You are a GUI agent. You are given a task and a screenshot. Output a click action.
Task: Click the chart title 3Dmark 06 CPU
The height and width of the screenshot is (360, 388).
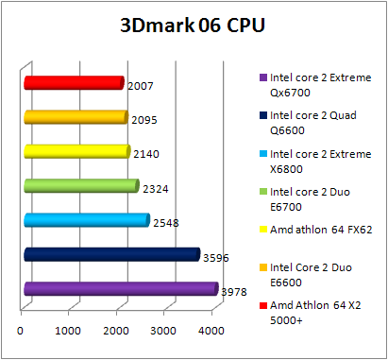[x=193, y=25]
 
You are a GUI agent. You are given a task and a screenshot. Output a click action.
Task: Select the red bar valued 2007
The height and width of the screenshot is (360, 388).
[x=74, y=83]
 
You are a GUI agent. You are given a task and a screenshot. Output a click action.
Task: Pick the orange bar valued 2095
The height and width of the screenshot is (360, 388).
[x=76, y=117]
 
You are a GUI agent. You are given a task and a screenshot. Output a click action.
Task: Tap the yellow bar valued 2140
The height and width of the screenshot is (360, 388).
[x=76, y=151]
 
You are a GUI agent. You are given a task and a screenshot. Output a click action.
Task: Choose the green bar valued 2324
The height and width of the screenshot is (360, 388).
[x=81, y=185]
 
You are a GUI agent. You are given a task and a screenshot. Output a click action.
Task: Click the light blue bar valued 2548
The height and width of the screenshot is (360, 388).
[x=86, y=220]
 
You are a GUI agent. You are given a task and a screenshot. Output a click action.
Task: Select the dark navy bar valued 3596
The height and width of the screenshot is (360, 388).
[x=111, y=254]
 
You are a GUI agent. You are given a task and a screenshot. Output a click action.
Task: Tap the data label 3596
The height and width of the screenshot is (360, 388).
[x=215, y=257]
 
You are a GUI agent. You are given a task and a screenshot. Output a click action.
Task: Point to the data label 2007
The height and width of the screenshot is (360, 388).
[x=140, y=86]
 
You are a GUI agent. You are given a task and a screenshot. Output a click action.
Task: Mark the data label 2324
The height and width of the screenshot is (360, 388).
[x=155, y=189]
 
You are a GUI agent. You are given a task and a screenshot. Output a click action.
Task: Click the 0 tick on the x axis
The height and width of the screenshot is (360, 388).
[x=21, y=331]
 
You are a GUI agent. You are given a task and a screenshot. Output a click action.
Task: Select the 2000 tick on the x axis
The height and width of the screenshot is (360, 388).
[x=116, y=331]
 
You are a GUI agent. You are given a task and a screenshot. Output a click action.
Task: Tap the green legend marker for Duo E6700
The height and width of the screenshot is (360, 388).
[x=261, y=192]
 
